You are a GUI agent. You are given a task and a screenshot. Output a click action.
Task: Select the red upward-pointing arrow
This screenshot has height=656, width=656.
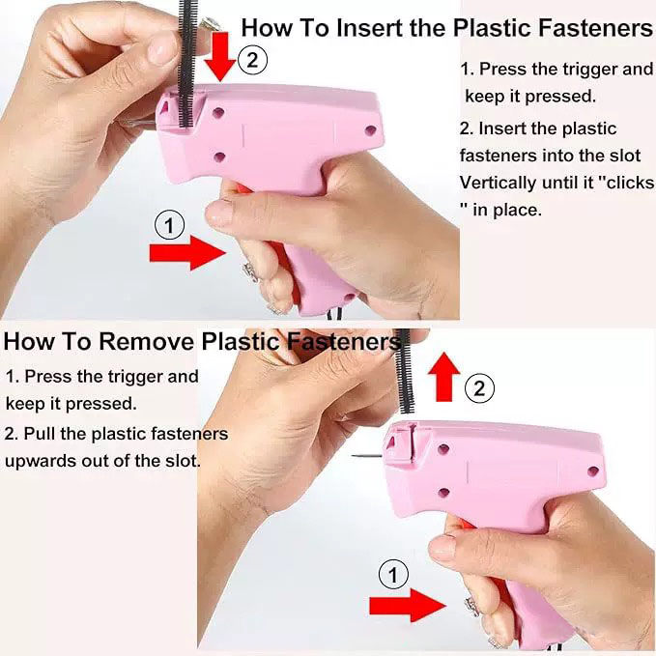pyautogui.click(x=443, y=376)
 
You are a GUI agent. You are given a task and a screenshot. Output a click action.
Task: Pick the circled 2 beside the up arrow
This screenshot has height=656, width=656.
pyautogui.click(x=480, y=388)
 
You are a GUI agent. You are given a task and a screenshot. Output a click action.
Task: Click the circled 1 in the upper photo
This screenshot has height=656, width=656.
pyautogui.click(x=169, y=225)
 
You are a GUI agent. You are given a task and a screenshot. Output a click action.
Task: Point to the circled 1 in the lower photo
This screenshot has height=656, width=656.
pyautogui.click(x=391, y=576)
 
